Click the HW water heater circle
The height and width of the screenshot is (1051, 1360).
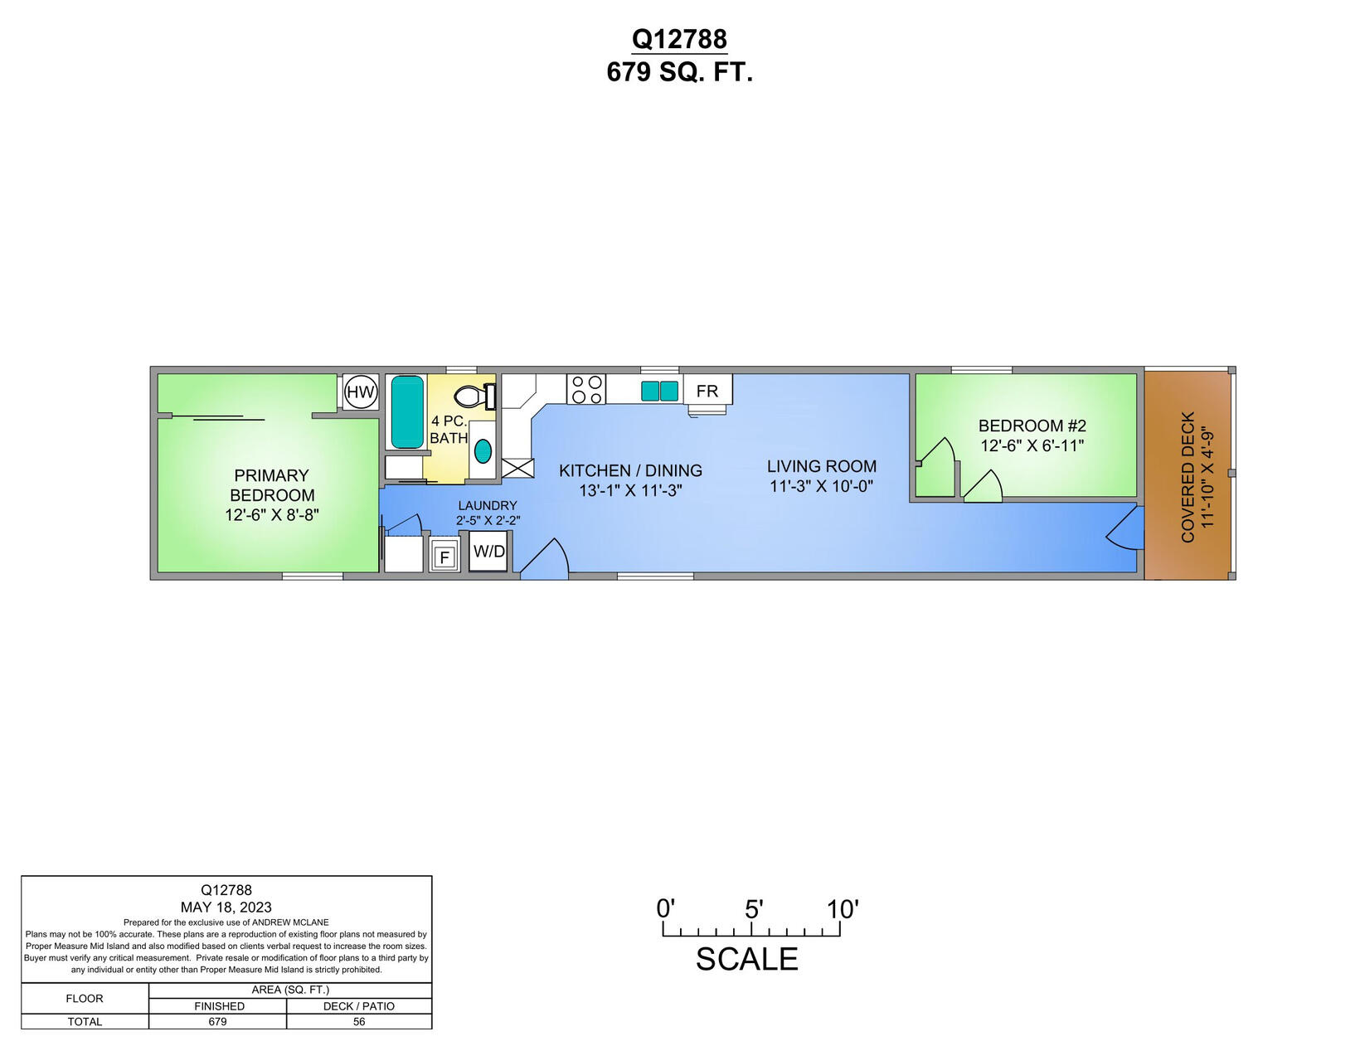361,392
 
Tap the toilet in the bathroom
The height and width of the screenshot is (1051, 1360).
470,397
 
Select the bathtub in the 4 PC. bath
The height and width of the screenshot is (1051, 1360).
407,411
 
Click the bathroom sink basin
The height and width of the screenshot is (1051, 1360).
483,451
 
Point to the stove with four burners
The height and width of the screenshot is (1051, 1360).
586,389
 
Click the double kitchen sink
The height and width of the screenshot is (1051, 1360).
660,391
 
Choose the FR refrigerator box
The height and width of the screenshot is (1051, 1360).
707,391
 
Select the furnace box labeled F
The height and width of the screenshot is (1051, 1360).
444,557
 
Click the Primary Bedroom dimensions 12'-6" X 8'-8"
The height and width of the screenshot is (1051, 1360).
272,515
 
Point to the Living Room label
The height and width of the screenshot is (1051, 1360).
821,466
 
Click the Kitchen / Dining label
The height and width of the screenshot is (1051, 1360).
630,470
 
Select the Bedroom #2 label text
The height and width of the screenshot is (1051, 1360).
1032,426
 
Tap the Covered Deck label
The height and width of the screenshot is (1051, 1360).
1188,477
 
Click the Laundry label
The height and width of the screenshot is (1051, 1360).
488,505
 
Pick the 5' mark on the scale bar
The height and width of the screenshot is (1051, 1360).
752,910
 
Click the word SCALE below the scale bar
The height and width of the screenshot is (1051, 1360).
746,959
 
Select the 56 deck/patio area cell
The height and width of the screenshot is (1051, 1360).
359,1021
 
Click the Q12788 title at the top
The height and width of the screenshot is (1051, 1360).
679,39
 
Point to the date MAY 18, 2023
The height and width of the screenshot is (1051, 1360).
226,907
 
